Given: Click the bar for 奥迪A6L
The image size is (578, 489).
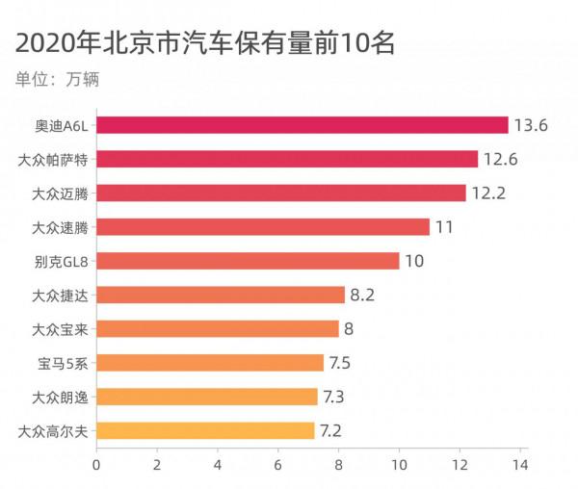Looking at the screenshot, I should pos(302,125).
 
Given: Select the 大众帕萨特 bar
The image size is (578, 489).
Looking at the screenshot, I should pos(287,159).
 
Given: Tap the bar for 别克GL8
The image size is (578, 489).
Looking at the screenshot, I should pos(248,261).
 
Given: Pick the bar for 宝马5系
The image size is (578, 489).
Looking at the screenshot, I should pos(210,363).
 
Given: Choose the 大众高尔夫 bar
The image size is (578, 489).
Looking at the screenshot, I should pos(205,430).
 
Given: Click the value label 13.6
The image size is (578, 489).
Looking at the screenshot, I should pos(531,125).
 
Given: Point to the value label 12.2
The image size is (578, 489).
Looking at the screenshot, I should pos(488,193).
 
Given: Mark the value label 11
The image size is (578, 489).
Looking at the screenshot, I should pos(443,227).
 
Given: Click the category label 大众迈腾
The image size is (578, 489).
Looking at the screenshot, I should pos(60,193).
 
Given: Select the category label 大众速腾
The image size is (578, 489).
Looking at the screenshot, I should pos(60,227).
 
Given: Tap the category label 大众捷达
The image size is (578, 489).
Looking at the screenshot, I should pos(60,295).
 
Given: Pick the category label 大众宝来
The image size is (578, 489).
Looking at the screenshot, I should pos(60,329).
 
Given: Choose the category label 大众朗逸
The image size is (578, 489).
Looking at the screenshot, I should pos(60,397).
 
